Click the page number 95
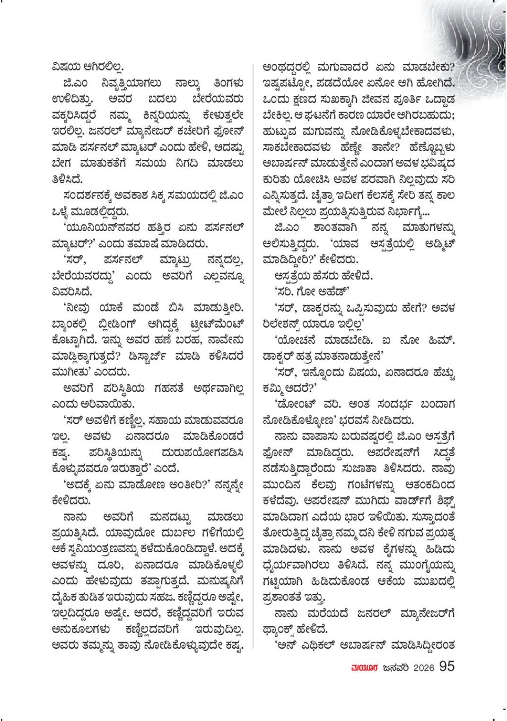click(447, 666)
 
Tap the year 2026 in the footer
click(417, 667)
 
